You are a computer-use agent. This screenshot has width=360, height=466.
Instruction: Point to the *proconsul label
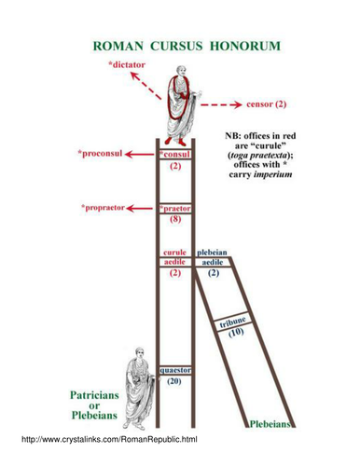(100, 152)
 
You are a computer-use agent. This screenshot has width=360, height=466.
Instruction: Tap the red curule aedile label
(175, 258)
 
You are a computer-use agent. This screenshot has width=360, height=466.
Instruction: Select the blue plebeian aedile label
(213, 258)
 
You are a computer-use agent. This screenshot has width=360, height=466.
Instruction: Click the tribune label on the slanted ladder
(233, 322)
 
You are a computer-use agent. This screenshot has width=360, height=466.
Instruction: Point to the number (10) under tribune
(236, 334)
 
